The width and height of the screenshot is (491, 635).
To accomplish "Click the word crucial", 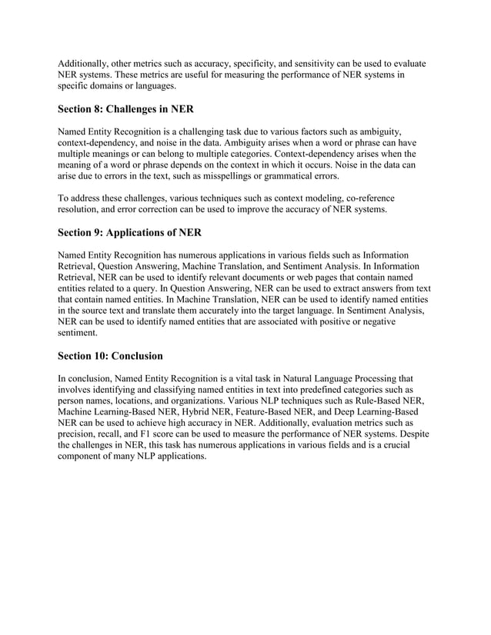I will click(396, 445).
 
